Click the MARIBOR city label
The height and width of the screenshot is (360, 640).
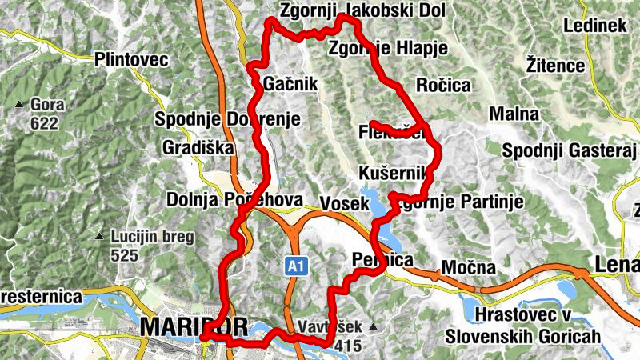(x=173, y=326)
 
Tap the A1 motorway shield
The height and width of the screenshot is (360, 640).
(x=296, y=264)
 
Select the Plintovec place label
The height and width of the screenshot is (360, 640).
(x=130, y=60)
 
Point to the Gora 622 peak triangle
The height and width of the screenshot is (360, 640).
(x=19, y=105)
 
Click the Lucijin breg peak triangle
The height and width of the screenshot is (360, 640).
(x=99, y=237)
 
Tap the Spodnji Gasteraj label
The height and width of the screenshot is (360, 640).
(x=569, y=150)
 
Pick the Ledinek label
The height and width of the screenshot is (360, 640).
(x=594, y=26)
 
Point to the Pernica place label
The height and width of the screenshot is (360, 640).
(x=382, y=261)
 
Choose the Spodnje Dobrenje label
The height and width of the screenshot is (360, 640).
(x=227, y=120)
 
